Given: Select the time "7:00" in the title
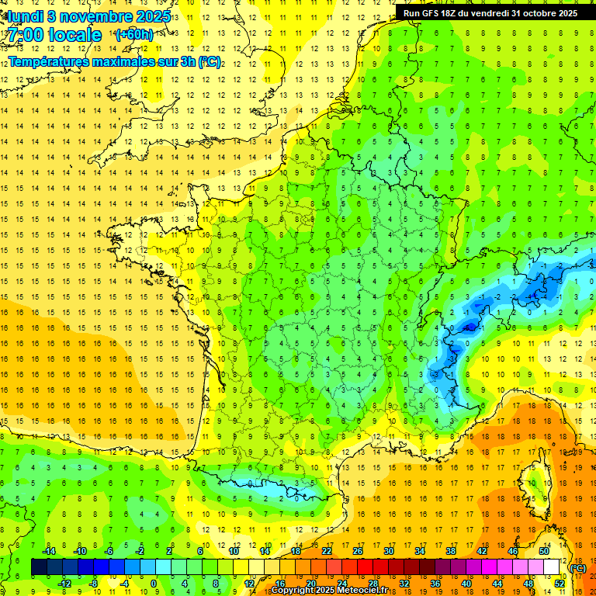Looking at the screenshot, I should (x=26, y=35).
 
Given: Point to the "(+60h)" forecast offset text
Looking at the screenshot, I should (x=134, y=35).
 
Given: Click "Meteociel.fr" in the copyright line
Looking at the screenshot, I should (x=362, y=591).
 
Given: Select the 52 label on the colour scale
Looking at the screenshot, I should (x=560, y=584).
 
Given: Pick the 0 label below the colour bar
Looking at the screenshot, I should (x=154, y=584).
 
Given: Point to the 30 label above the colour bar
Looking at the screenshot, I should (x=388, y=551).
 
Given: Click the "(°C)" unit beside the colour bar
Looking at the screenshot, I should (x=577, y=568).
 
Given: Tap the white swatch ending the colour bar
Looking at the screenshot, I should (x=552, y=567).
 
